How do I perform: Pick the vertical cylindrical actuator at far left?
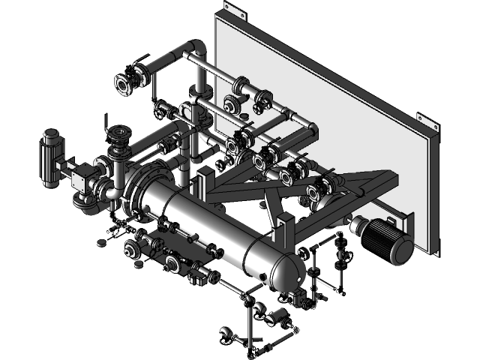click(x=51, y=157)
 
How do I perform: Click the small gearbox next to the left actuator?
click(x=80, y=178)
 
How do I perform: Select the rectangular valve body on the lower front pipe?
click(x=199, y=277)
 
